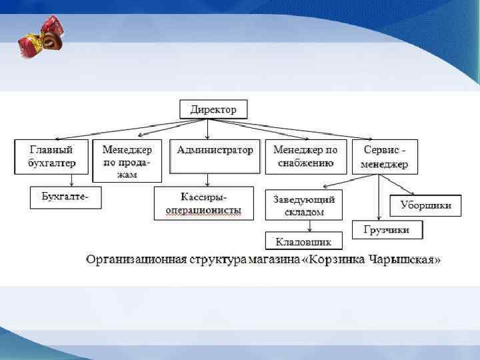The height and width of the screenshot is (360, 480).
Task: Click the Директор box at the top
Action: pos(213,109)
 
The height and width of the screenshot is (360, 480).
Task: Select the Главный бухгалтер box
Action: pos(51,157)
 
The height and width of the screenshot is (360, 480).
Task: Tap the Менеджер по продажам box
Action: pos(127,161)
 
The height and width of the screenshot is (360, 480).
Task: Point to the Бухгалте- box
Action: pos(65,197)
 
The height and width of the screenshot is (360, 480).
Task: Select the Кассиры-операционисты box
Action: pos(204,203)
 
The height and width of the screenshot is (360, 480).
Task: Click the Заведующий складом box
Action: pos(303,205)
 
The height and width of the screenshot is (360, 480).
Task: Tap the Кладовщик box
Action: pos(303,241)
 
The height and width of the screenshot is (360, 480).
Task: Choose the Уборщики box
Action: pos(425,205)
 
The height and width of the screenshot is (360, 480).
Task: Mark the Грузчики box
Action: pos(387,231)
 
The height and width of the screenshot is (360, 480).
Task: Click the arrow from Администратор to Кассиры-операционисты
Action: pos(209,180)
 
